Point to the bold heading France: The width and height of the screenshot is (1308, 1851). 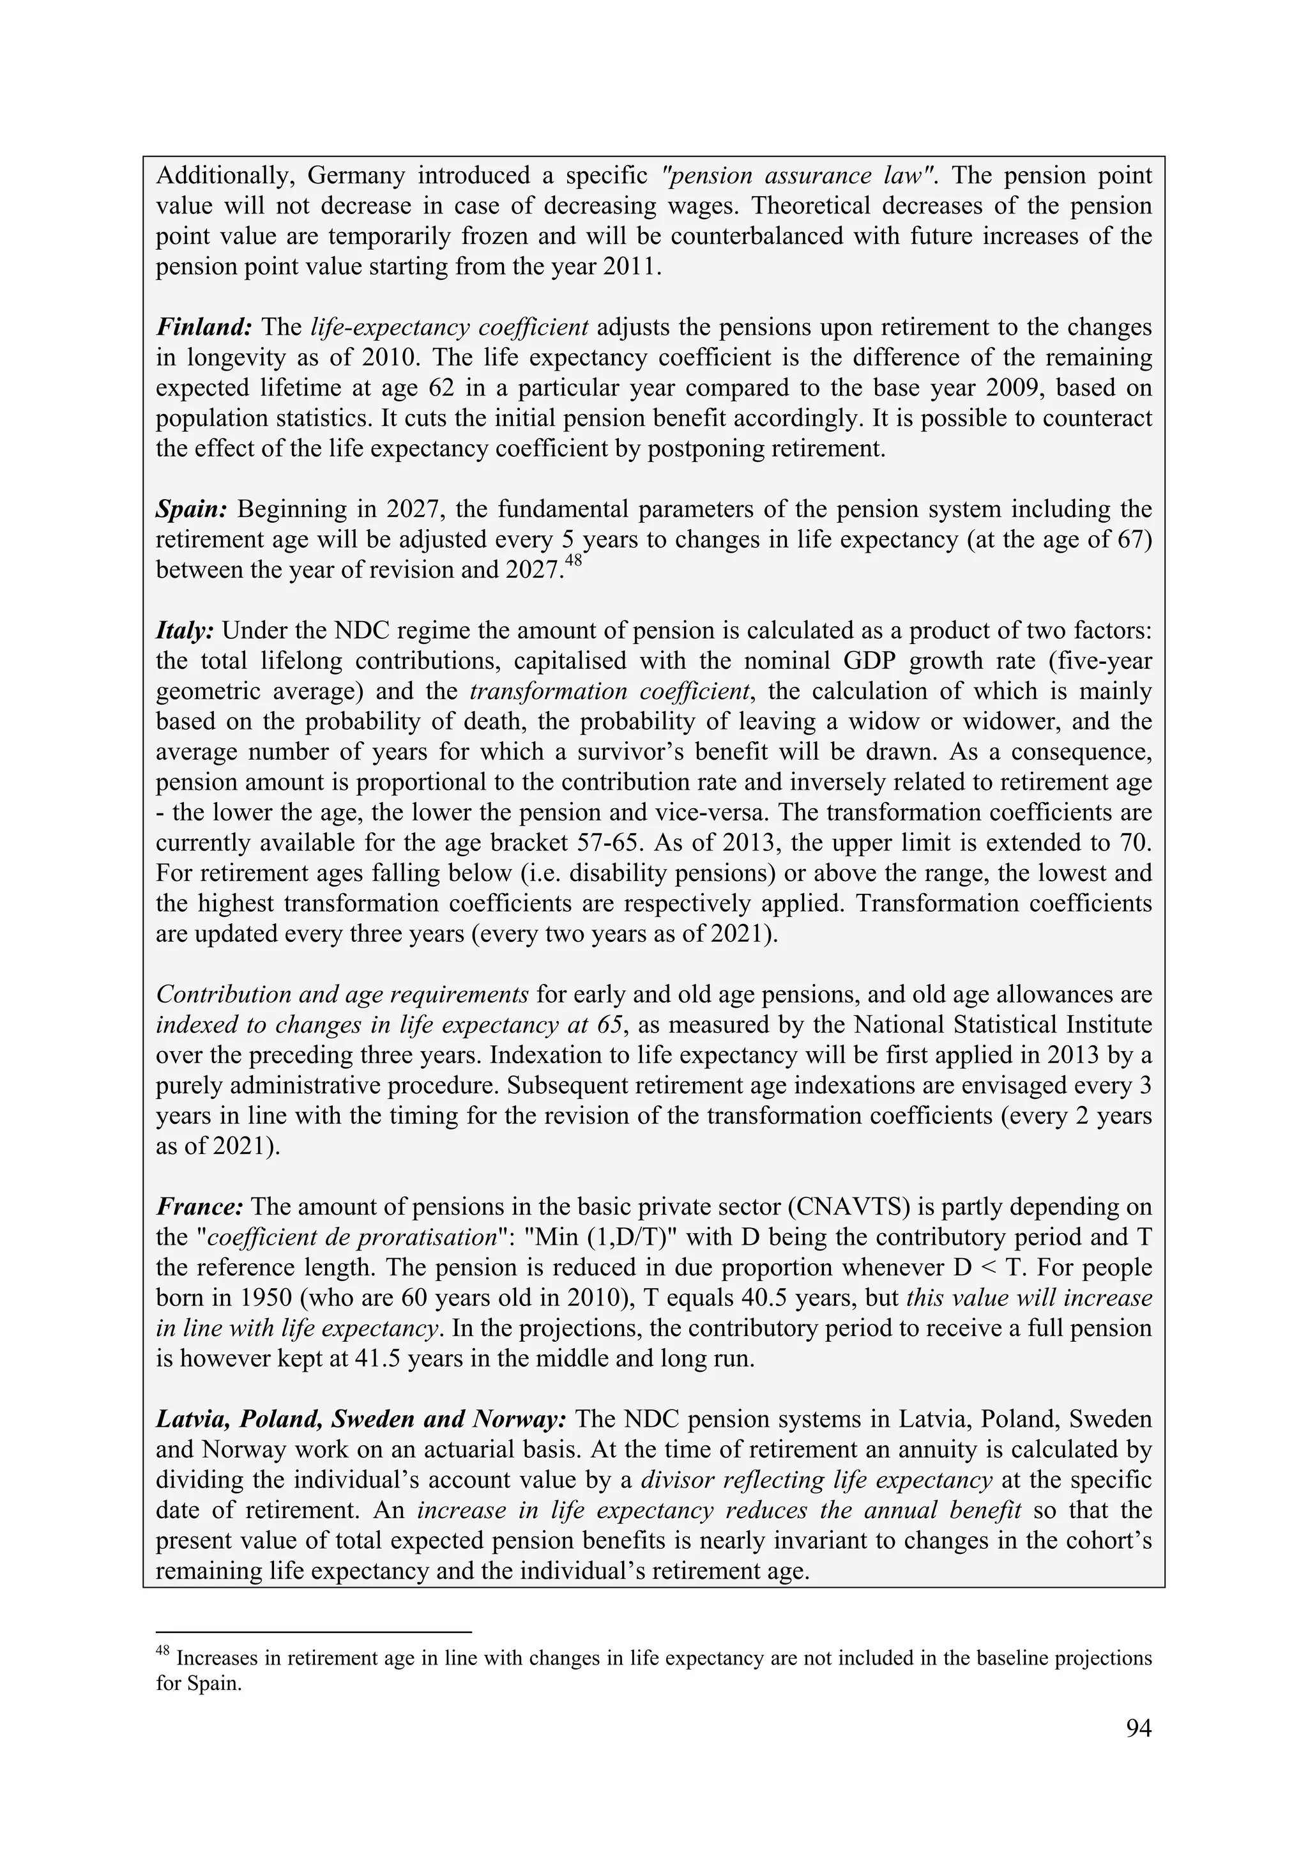[199, 1207]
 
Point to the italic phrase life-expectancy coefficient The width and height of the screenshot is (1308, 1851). [449, 327]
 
